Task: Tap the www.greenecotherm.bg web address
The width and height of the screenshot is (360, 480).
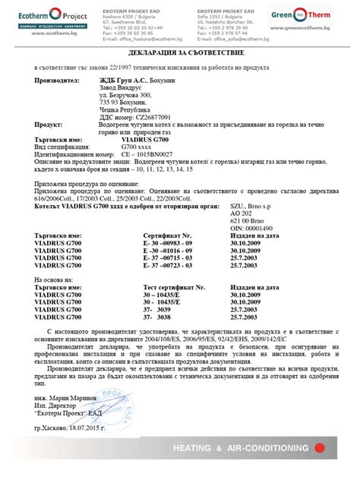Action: coord(317,30)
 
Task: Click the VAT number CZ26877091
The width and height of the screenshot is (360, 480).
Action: coord(147,118)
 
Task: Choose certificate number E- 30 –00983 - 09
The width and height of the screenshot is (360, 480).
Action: coord(172,243)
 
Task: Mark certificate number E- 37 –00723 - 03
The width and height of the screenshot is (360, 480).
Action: coord(172,264)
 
